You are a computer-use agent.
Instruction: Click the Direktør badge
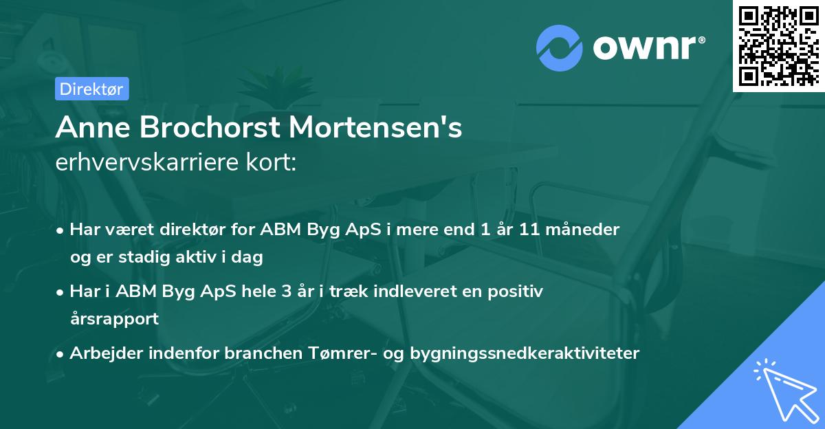click(91, 89)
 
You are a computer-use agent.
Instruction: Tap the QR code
click(778, 46)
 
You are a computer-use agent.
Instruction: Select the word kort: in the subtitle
click(270, 163)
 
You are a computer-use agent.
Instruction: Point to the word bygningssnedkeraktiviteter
click(525, 353)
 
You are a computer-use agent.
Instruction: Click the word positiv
click(519, 291)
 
